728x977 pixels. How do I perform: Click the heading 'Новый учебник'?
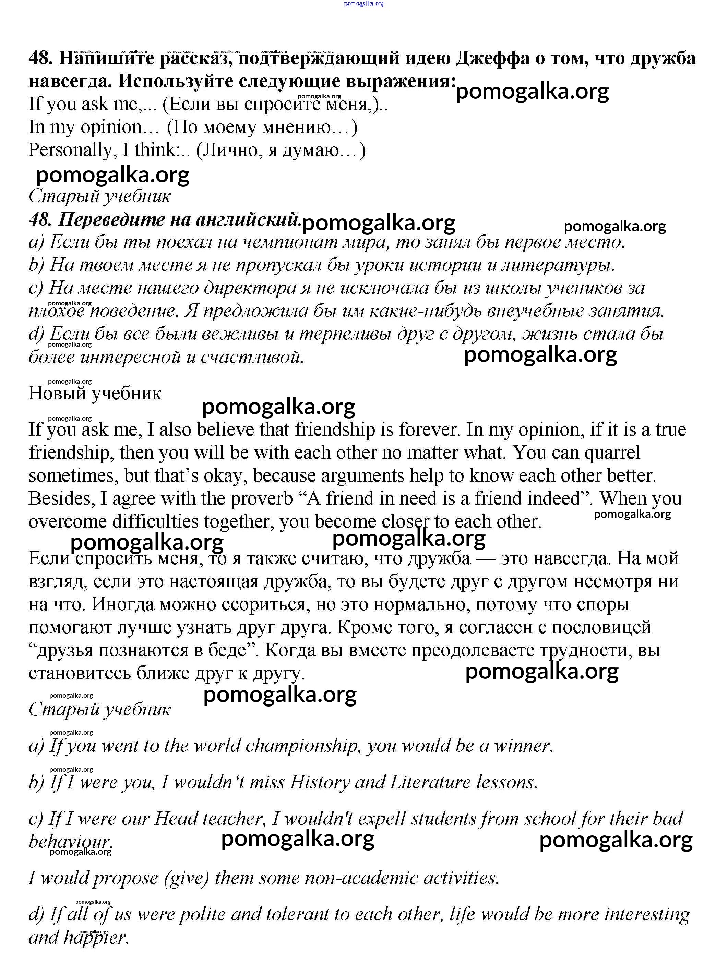95,393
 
